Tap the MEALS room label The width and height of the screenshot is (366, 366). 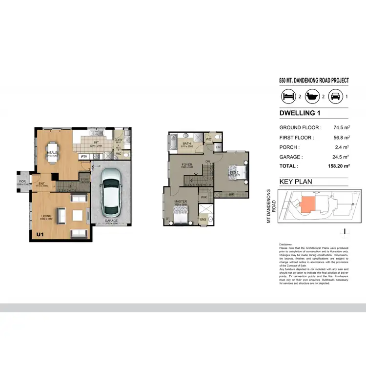(52, 153)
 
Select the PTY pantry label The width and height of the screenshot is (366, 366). (84, 157)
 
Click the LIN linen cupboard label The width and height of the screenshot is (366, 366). (218, 146)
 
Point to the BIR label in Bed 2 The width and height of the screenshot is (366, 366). (231, 194)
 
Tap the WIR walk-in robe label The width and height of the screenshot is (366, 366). (203, 197)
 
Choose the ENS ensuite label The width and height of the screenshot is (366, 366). (203, 220)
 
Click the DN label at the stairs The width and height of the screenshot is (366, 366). (207, 161)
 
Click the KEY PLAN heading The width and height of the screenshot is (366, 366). (295, 182)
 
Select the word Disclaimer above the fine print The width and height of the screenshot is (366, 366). (286, 244)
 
